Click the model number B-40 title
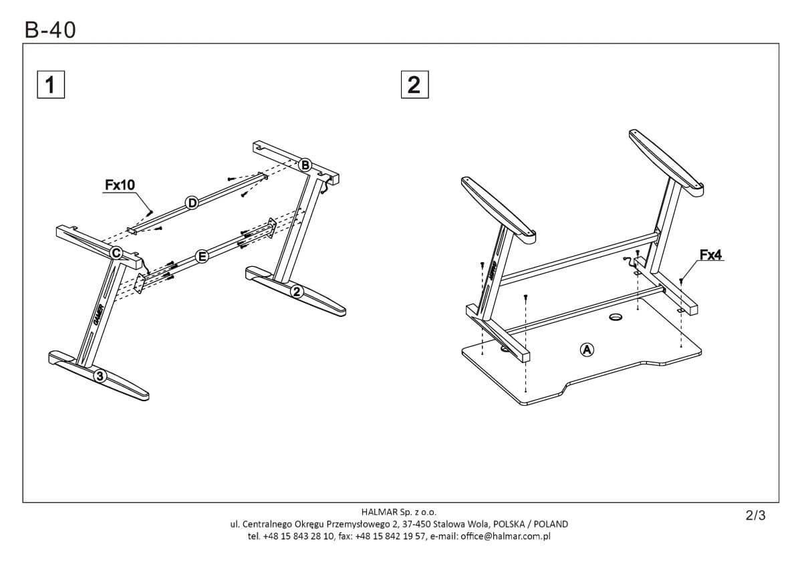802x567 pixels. tap(50, 29)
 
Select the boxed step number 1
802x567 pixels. tap(50, 86)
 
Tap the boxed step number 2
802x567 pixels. tap(414, 86)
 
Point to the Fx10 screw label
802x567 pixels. tap(120, 185)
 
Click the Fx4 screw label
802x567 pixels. tap(712, 255)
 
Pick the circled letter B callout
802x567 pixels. tap(305, 164)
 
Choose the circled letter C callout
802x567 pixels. tap(116, 253)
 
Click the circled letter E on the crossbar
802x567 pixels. tap(201, 256)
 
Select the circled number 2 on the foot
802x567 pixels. tap(297, 291)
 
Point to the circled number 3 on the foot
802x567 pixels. tap(100, 376)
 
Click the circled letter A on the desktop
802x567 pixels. tap(586, 349)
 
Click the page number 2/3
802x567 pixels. tap(755, 516)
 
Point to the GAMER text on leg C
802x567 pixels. tap(98, 314)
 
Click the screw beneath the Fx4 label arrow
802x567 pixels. tap(680, 281)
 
